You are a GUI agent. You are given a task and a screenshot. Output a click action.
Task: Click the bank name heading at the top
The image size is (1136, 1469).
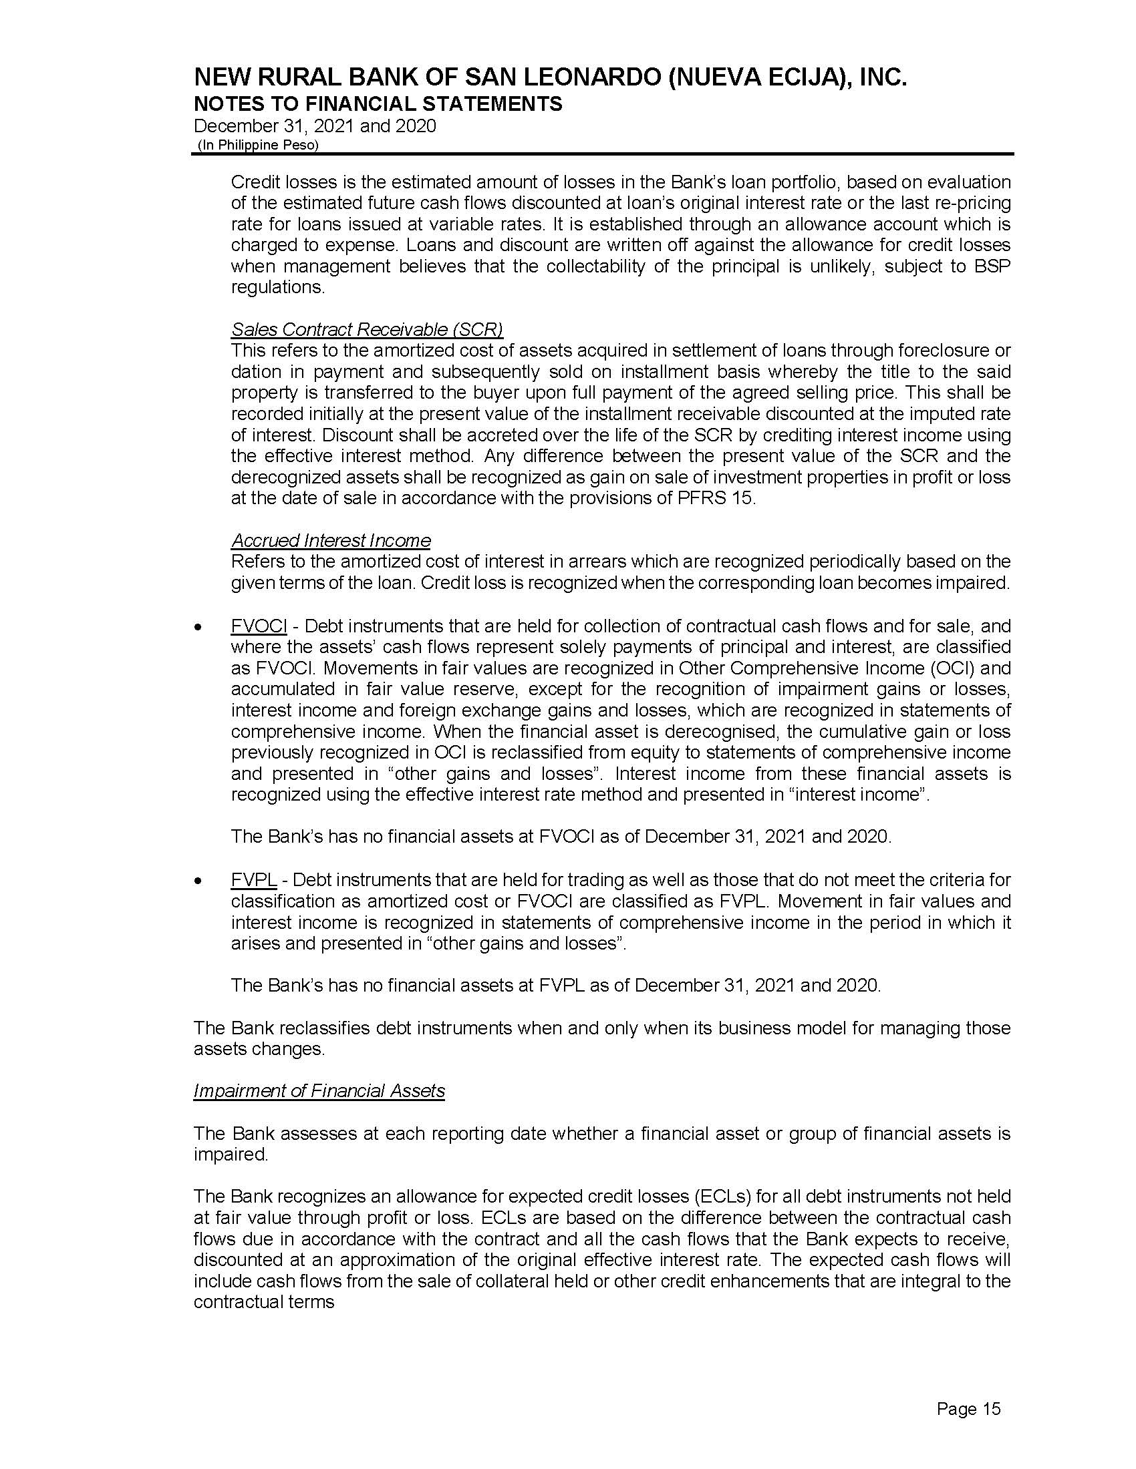[550, 79]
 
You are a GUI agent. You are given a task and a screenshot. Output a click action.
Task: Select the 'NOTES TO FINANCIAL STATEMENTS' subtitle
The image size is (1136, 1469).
[378, 104]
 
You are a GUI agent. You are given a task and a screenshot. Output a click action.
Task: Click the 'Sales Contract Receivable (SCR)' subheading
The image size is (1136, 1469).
[367, 329]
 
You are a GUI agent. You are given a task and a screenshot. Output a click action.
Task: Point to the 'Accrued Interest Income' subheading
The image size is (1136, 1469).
[330, 540]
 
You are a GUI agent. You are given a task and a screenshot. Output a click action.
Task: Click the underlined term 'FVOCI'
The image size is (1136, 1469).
[259, 626]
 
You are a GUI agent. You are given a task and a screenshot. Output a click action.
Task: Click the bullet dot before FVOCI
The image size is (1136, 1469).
[197, 627]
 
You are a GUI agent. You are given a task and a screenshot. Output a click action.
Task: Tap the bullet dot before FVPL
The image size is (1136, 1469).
[197, 881]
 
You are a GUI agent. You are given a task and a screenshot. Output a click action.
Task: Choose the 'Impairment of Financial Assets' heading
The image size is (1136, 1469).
[319, 1090]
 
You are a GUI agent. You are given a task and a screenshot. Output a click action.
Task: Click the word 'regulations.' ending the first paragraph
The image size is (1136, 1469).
[278, 287]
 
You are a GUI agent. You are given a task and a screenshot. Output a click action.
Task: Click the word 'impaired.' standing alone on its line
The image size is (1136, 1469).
[230, 1155]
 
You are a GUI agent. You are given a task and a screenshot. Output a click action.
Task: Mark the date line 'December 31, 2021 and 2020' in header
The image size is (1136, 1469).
[314, 126]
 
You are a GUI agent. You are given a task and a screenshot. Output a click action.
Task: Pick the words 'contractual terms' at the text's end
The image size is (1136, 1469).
[264, 1301]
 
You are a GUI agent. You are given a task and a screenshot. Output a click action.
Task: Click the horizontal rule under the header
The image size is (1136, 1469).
[602, 154]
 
